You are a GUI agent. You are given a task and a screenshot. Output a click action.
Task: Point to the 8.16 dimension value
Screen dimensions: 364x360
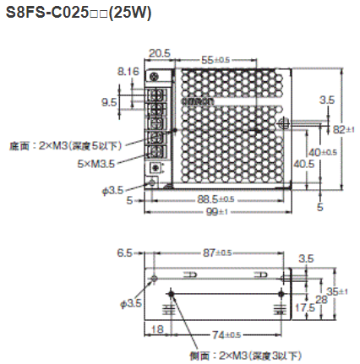point(128,73)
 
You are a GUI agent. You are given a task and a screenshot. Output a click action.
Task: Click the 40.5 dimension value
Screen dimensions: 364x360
point(304,164)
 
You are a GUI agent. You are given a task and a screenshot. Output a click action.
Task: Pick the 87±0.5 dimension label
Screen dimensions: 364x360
point(216,253)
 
